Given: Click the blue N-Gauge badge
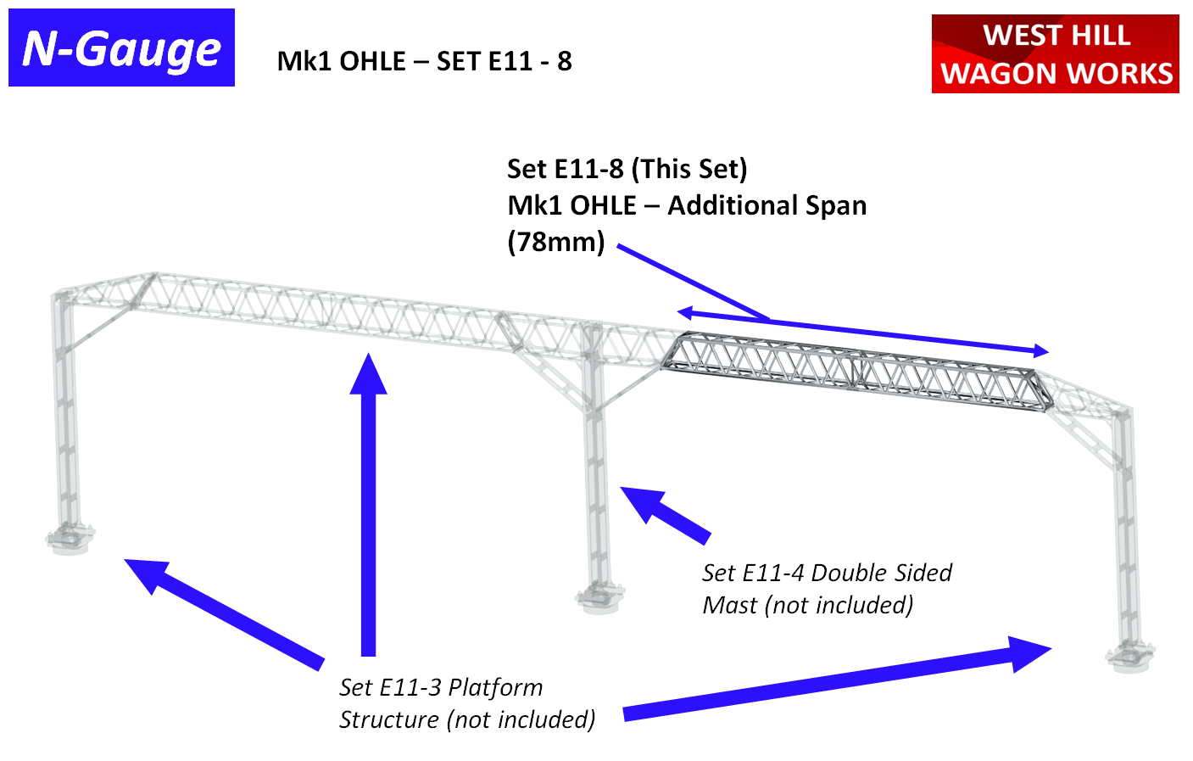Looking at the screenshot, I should (x=121, y=48).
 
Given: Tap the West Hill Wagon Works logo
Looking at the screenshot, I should (x=1055, y=53).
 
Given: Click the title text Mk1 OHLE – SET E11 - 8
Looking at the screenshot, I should (x=424, y=61).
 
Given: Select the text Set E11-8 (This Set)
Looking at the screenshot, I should (x=627, y=169).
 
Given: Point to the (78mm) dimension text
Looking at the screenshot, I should (x=556, y=242).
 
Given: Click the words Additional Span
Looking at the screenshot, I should (x=767, y=205).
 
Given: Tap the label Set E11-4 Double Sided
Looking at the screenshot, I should (x=827, y=573).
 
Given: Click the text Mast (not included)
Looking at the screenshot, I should (x=807, y=605).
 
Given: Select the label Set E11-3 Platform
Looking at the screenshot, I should (x=441, y=687).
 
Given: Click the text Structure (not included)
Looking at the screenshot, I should (x=466, y=719).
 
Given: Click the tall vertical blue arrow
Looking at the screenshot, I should (x=368, y=509).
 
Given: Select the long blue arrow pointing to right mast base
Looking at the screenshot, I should (x=835, y=679).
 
